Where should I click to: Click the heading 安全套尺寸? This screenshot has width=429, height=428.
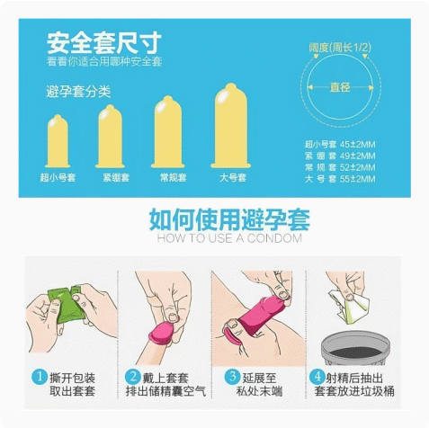click(104, 43)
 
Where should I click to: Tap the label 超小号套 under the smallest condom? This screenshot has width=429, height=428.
click(58, 177)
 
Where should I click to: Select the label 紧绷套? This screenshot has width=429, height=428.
click(116, 177)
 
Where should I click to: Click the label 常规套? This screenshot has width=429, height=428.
click(174, 177)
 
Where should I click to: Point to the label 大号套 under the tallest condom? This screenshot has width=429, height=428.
click(233, 177)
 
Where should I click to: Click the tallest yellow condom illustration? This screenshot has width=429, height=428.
click(231, 126)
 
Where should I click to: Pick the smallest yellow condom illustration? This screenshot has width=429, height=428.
click(58, 141)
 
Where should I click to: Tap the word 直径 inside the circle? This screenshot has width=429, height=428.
click(340, 87)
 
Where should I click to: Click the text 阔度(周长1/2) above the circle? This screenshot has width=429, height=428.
click(340, 48)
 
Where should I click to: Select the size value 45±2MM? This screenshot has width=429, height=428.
click(358, 145)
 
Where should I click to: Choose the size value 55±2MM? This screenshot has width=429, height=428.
click(358, 179)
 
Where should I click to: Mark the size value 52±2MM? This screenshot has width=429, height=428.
click(358, 167)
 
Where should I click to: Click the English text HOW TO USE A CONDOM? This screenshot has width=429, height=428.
click(229, 238)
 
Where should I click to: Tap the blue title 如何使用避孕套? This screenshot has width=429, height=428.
click(229, 219)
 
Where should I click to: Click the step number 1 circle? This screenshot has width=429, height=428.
click(40, 377)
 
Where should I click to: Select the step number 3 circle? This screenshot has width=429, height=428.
click(232, 377)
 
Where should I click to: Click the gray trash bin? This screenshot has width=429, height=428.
click(355, 348)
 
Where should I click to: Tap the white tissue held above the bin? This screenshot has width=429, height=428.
click(349, 307)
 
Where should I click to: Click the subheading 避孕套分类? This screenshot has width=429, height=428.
click(78, 92)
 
